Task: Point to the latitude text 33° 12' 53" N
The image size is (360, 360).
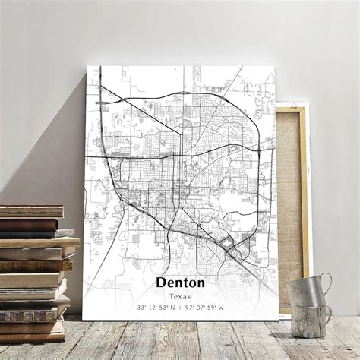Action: pyautogui.click(x=156, y=307)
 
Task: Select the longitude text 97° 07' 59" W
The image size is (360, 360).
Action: pyautogui.click(x=207, y=307)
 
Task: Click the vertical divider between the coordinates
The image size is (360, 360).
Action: pyautogui.click(x=181, y=307)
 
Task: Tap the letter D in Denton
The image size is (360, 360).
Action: pyautogui.click(x=161, y=283)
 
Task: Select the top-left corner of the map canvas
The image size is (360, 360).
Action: pyautogui.click(x=87, y=68)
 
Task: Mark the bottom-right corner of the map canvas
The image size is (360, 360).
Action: pyautogui.click(x=276, y=318)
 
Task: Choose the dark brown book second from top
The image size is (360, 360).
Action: pyautogui.click(x=30, y=224)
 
